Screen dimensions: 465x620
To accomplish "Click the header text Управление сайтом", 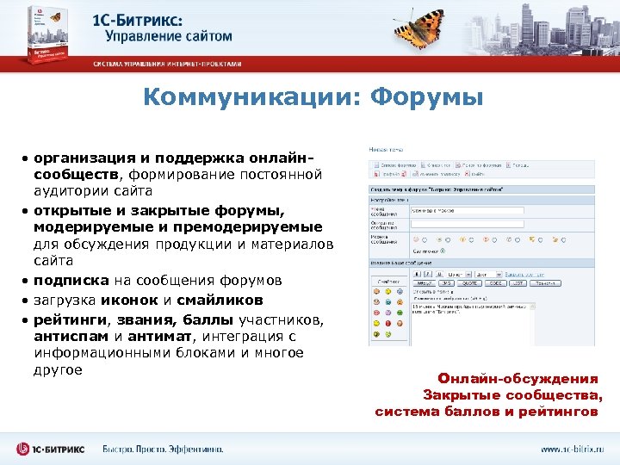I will [x=169, y=36].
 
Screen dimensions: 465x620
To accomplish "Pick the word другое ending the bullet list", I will [x=59, y=370].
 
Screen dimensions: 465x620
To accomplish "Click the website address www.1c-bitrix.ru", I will [x=572, y=449].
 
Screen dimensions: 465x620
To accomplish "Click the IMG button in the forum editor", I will [x=448, y=282].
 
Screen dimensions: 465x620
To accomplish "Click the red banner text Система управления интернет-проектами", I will [x=168, y=64].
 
